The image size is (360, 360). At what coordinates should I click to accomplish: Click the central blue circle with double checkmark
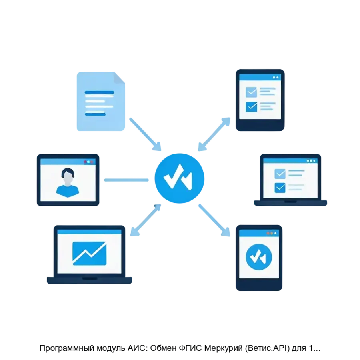click(x=179, y=178)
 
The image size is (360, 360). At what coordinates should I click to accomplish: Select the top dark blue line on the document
click(x=99, y=92)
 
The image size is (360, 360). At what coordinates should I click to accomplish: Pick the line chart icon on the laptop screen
click(x=89, y=253)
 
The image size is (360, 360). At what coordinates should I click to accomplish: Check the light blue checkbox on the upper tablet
click(x=251, y=92)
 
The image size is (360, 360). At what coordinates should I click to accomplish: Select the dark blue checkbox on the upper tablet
click(x=251, y=106)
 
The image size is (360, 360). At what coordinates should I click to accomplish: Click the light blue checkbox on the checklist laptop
click(x=280, y=174)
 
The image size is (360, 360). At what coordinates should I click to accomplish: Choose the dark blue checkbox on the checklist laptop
click(x=280, y=187)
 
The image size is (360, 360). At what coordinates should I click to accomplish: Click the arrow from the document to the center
click(x=145, y=133)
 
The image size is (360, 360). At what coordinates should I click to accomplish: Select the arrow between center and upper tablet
click(x=214, y=134)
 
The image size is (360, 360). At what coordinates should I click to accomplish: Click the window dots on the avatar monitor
click(x=88, y=162)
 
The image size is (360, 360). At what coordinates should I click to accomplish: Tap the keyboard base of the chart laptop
click(x=89, y=280)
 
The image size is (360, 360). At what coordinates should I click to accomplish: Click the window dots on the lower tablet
click(x=272, y=233)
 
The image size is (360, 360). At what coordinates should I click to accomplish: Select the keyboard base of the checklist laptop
click(x=291, y=203)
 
